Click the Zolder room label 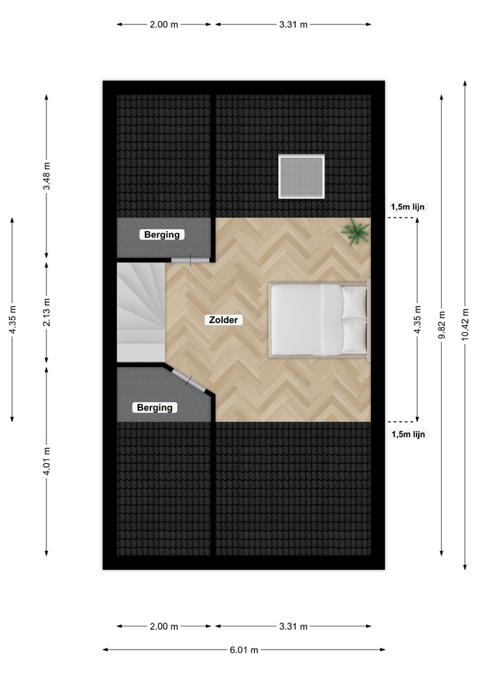[223, 320]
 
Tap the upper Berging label [162, 234]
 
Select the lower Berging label [155, 407]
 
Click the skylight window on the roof [301, 177]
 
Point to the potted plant [355, 232]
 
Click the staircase [141, 312]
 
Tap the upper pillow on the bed [355, 303]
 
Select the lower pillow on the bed [355, 336]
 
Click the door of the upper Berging [190, 260]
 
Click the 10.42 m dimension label [465, 324]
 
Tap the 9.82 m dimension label [442, 324]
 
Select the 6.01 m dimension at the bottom [244, 649]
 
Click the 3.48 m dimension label [46, 176]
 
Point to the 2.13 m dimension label [46, 312]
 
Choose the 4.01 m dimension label [46, 461]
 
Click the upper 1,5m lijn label [407, 206]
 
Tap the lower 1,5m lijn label [408, 434]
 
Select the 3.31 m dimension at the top [294, 25]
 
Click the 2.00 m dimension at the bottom [164, 626]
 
